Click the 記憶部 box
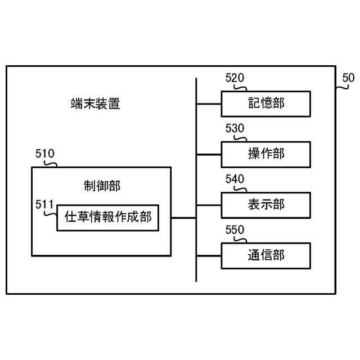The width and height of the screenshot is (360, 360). pyautogui.click(x=265, y=103)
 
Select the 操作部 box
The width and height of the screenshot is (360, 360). pyautogui.click(x=265, y=154)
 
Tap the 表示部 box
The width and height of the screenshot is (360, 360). pyautogui.click(x=265, y=205)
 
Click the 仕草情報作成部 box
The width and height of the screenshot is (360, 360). pyautogui.click(x=108, y=217)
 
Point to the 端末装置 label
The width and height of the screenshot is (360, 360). pyautogui.click(x=96, y=104)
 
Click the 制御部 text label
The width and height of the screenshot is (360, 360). pyautogui.click(x=101, y=186)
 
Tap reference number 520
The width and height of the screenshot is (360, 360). pyautogui.click(x=235, y=78)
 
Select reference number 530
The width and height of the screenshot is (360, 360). pyautogui.click(x=235, y=129)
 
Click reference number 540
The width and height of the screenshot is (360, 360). pyautogui.click(x=235, y=179)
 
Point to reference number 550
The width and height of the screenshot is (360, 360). pyautogui.click(x=235, y=230)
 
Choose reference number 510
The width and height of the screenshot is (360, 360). pyautogui.click(x=45, y=154)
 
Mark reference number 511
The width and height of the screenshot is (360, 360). pyautogui.click(x=44, y=204)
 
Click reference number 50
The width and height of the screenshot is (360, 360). pyautogui.click(x=348, y=78)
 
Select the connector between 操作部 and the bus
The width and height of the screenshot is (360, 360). pyautogui.click(x=209, y=154)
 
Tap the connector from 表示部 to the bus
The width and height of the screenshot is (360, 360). pyautogui.click(x=209, y=205)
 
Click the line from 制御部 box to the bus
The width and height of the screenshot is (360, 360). pyautogui.click(x=183, y=217)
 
